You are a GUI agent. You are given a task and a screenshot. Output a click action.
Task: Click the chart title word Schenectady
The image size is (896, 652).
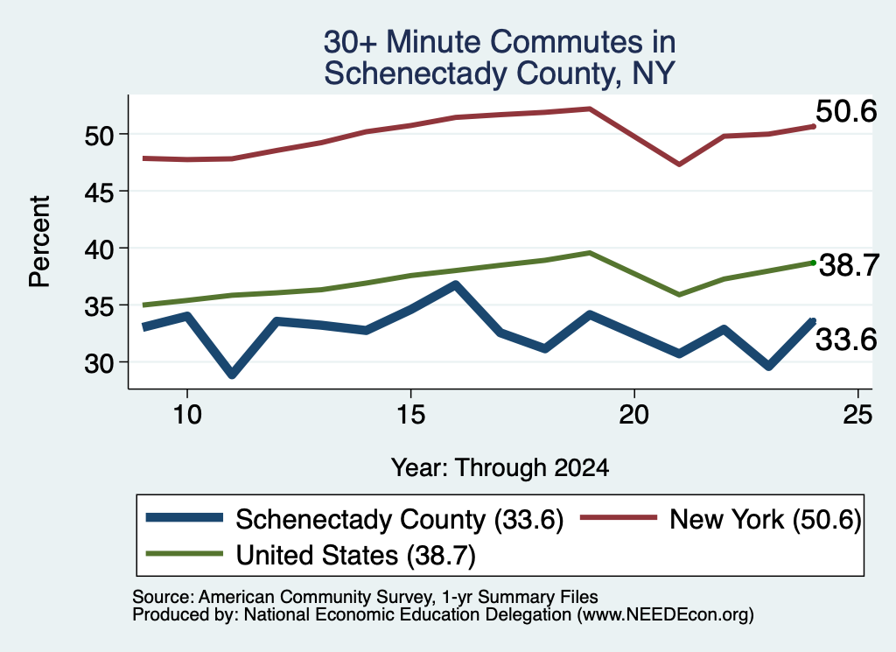416,74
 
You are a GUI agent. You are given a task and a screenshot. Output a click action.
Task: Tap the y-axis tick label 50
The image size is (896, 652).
100,136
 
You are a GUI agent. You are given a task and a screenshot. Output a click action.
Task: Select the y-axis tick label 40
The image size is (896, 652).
100,250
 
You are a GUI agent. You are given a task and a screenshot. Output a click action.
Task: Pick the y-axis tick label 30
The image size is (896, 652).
100,363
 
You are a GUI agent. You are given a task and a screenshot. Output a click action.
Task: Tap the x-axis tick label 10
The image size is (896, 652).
187,414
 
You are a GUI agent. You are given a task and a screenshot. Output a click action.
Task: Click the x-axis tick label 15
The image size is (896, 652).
411,414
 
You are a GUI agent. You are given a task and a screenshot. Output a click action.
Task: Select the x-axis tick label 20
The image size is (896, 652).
634,414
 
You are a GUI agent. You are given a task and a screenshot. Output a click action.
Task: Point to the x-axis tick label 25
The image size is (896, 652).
857,414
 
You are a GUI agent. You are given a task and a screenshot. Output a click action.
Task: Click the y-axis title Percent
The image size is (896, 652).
39,242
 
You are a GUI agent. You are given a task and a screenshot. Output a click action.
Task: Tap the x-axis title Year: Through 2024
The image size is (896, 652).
500,468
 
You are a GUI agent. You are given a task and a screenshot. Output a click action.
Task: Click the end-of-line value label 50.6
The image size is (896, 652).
846,111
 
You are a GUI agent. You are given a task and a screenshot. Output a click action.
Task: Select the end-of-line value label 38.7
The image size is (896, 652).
849,266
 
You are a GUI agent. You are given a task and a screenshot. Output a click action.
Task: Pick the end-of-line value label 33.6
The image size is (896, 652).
846,340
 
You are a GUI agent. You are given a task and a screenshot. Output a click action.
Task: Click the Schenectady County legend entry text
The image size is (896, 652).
399,520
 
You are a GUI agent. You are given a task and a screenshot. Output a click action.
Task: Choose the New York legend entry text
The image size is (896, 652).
766,520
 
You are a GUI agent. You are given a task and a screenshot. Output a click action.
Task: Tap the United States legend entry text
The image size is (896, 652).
355,556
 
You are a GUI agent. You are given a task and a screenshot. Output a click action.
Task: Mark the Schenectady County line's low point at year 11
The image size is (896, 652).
232,375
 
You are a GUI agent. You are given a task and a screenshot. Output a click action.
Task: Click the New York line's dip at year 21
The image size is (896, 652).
679,164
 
